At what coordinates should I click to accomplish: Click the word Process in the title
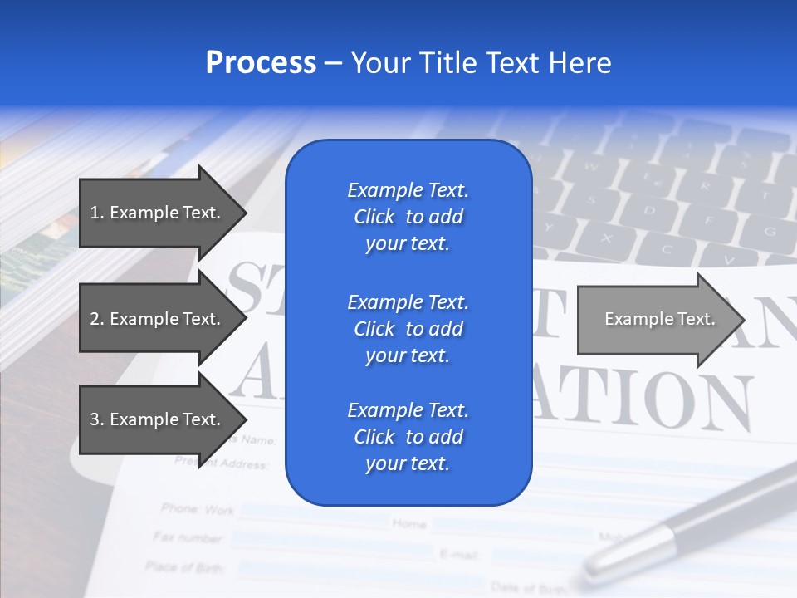pyautogui.click(x=261, y=63)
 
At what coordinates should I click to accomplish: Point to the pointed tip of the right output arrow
pyautogui.click(x=742, y=320)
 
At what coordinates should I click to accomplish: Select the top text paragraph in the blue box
pyautogui.click(x=408, y=217)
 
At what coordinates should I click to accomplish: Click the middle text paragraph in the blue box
pyautogui.click(x=408, y=329)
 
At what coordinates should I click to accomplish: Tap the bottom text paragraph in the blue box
pyautogui.click(x=408, y=437)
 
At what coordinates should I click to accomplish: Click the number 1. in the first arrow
pyautogui.click(x=97, y=213)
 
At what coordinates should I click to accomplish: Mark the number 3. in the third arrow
pyautogui.click(x=97, y=419)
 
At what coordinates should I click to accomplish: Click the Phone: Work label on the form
pyautogui.click(x=198, y=508)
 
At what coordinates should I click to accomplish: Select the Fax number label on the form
pyautogui.click(x=188, y=537)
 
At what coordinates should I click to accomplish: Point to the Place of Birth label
pyautogui.click(x=184, y=566)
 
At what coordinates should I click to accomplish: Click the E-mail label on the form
pyautogui.click(x=457, y=552)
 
